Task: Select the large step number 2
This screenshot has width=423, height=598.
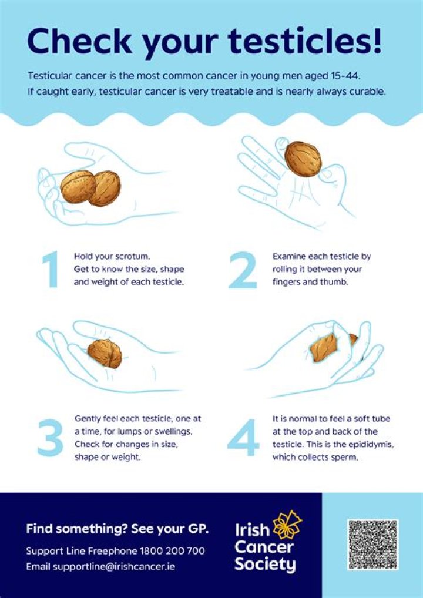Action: coord(243,269)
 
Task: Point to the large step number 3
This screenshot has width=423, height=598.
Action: coord(51,438)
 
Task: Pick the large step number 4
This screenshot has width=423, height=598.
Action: coord(243,438)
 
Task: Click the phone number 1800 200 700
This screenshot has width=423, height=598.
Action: coord(173,551)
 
